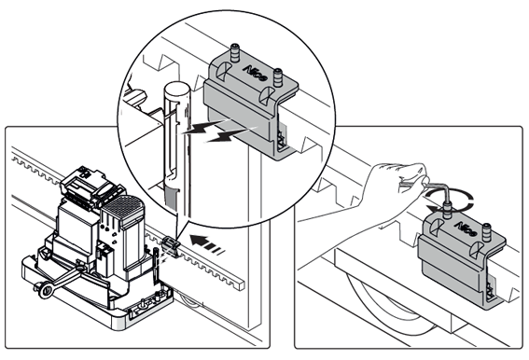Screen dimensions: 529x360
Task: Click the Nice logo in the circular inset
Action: (255, 73)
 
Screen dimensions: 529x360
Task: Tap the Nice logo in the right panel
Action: (466, 228)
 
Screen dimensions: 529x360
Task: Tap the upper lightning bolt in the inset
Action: (206, 126)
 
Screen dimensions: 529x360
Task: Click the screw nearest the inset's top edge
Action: (234, 53)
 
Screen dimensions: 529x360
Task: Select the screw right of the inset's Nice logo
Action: (278, 77)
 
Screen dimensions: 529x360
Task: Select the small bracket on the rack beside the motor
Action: (171, 246)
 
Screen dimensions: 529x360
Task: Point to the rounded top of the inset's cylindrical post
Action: (177, 90)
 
